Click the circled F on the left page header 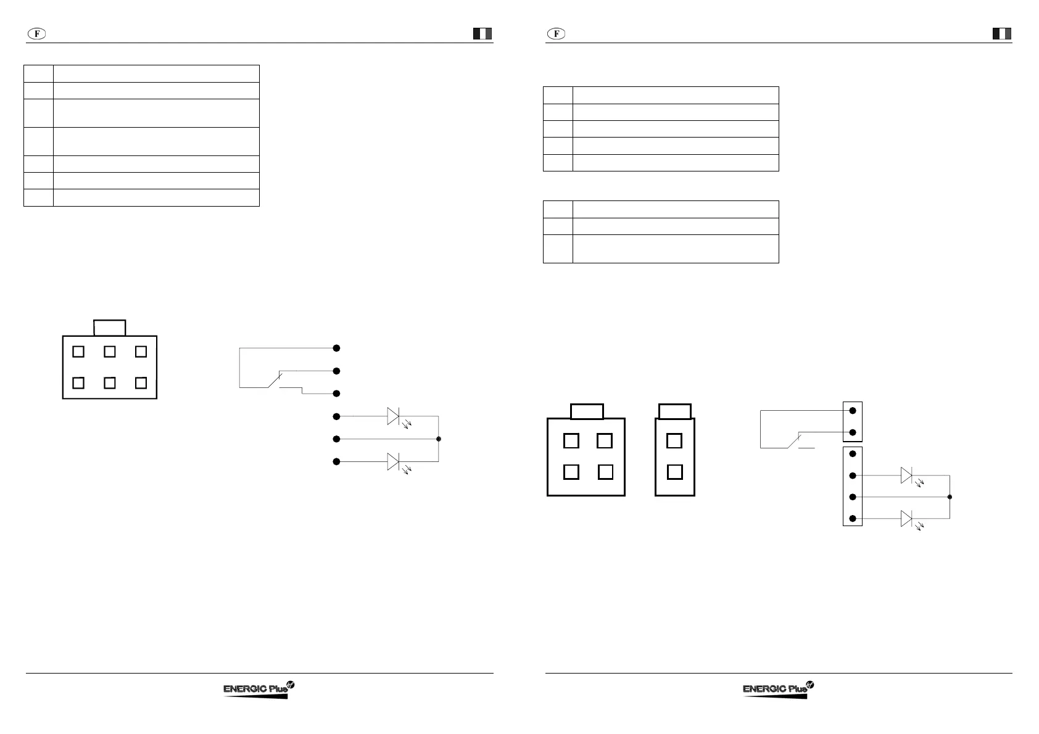[37, 34]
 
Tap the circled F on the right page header [556, 34]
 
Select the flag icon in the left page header [482, 34]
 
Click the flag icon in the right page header [1002, 34]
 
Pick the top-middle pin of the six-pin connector [110, 352]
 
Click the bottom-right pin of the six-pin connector [141, 382]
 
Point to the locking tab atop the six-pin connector [109, 328]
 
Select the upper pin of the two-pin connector [674, 441]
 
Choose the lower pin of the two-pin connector [674, 472]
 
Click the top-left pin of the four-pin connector [571, 441]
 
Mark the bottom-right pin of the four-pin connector [605, 472]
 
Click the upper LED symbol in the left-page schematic [394, 416]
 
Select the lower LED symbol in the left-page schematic [394, 461]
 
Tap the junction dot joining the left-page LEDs [439, 439]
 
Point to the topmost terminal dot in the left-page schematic [336, 348]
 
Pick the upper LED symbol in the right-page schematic [906, 476]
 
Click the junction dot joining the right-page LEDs [950, 497]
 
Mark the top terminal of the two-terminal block [853, 411]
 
